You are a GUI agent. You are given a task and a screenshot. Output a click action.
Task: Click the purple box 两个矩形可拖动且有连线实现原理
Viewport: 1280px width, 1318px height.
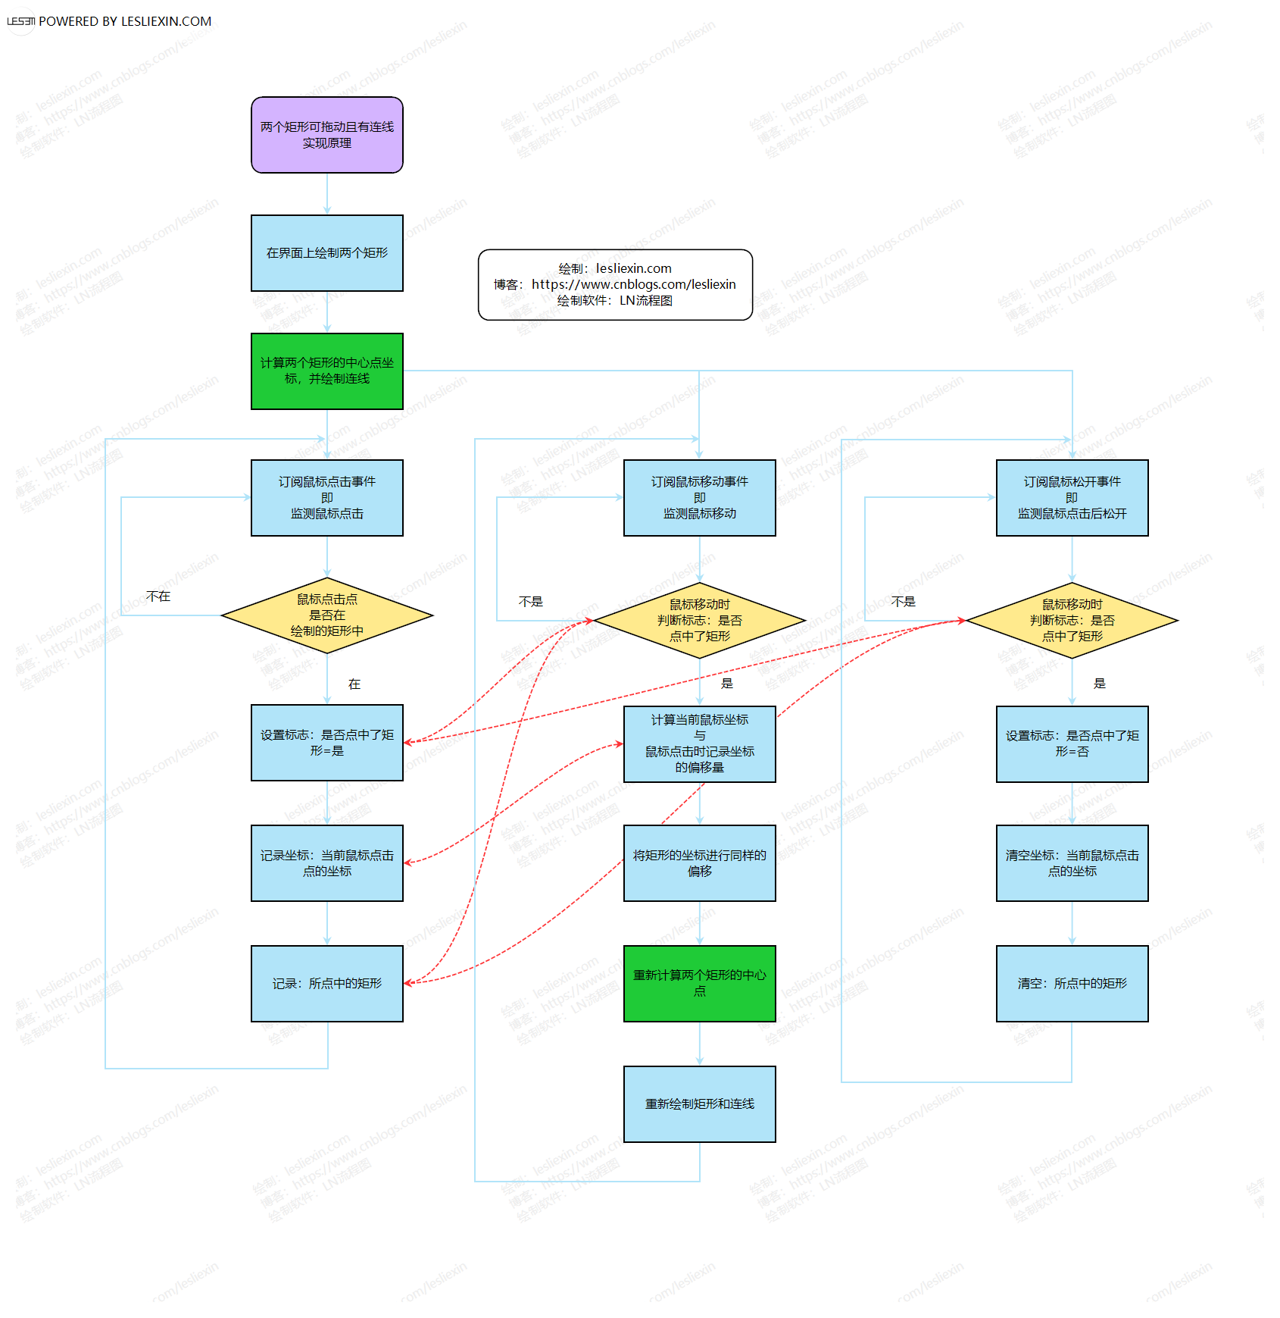[326, 135]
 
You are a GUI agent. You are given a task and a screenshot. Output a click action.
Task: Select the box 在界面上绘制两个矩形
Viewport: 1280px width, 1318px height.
[326, 253]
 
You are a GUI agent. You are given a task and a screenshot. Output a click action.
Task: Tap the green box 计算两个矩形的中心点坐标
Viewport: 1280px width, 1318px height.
[326, 371]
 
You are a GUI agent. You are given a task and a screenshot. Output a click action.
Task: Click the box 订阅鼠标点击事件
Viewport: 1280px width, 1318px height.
[326, 498]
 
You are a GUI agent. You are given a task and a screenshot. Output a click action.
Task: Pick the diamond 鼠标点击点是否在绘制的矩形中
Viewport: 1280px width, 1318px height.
[326, 615]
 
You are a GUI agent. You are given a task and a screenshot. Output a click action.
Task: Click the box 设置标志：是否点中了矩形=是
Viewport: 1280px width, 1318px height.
[326, 743]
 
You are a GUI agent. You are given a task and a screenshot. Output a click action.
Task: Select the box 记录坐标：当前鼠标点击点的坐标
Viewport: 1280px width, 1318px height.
[326, 863]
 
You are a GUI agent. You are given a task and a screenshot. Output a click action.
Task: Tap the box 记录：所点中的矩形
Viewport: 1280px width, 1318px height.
[326, 984]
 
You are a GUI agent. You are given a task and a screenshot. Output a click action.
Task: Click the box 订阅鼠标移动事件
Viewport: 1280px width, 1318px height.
[699, 498]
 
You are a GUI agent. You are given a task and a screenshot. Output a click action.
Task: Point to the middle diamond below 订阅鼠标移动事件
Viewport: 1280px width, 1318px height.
[699, 620]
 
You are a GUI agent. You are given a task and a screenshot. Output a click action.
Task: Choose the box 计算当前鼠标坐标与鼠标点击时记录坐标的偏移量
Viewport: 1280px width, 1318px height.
[699, 744]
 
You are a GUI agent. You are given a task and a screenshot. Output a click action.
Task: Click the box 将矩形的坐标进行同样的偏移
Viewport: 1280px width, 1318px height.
[699, 863]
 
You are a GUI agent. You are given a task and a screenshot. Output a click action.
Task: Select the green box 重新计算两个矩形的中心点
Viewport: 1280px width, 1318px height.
[699, 984]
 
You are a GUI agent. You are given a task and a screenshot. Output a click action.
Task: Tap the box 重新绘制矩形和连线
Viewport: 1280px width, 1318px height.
[699, 1104]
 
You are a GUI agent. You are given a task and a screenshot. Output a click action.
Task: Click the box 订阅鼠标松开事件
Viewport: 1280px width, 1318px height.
[1072, 498]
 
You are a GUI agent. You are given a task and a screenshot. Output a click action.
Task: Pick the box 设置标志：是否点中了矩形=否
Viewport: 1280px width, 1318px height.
[1072, 744]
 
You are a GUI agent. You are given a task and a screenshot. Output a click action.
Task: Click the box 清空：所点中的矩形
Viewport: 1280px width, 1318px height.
[1072, 984]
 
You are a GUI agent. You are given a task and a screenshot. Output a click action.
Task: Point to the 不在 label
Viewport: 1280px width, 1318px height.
[158, 596]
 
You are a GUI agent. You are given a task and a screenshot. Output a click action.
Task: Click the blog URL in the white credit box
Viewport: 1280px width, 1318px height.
[633, 284]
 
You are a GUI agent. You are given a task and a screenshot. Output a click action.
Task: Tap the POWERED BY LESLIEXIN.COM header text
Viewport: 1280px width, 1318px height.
[125, 21]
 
